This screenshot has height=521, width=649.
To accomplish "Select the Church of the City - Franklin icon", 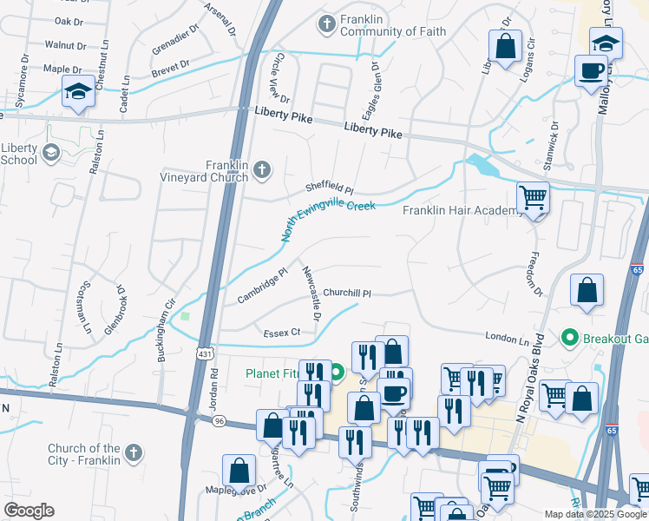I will pyautogui.click(x=133, y=452).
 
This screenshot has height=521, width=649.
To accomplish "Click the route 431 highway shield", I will pyautogui.click(x=204, y=353).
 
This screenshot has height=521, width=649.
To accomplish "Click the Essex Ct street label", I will pyautogui.click(x=282, y=332).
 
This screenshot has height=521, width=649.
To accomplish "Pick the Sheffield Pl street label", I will pyautogui.click(x=330, y=188).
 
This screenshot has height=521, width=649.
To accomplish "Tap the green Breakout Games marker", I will pyautogui.click(x=570, y=337).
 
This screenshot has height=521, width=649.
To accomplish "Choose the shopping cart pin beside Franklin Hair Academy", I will pyautogui.click(x=533, y=199).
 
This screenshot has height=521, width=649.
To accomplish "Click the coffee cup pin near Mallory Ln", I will pyautogui.click(x=590, y=70).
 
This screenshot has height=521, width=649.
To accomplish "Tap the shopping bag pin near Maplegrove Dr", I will pyautogui.click(x=239, y=471).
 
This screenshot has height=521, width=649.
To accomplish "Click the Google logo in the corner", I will pyautogui.click(x=29, y=510).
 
